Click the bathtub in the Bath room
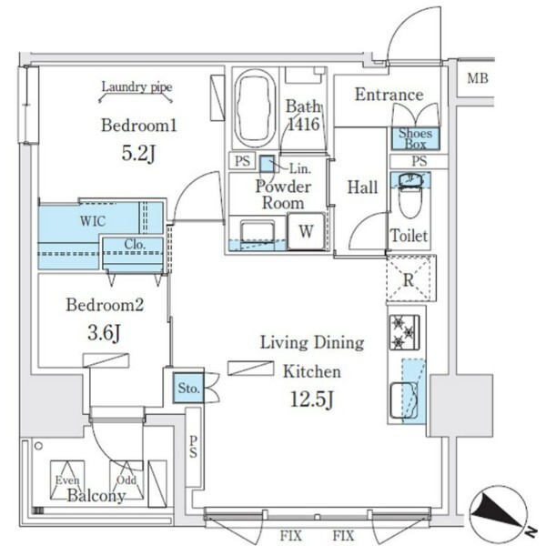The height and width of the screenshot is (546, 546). click(255, 109)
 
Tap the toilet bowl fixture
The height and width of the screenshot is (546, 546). click(410, 196)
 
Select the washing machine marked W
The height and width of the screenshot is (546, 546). click(306, 231)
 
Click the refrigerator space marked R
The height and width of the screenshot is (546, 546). click(411, 278)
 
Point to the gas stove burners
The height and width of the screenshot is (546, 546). click(404, 332)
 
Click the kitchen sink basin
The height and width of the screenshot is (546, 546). click(403, 400)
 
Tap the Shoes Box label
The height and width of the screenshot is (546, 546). click(415, 138)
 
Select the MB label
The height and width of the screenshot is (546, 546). click(478, 78)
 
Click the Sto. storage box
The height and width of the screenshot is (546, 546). click(188, 388)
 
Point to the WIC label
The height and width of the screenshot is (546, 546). click(92, 221)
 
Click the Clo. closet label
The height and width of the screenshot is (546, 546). click(135, 245)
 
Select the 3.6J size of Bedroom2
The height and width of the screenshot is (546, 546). click(104, 333)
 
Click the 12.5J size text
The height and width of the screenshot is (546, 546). click(311, 399)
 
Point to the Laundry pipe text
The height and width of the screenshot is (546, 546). click(136, 87)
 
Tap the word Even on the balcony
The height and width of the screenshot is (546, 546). click(67, 480)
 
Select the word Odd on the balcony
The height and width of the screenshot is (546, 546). click(126, 480)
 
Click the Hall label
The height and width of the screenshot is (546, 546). click(362, 187)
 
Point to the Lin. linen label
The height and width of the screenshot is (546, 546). click(300, 169)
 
